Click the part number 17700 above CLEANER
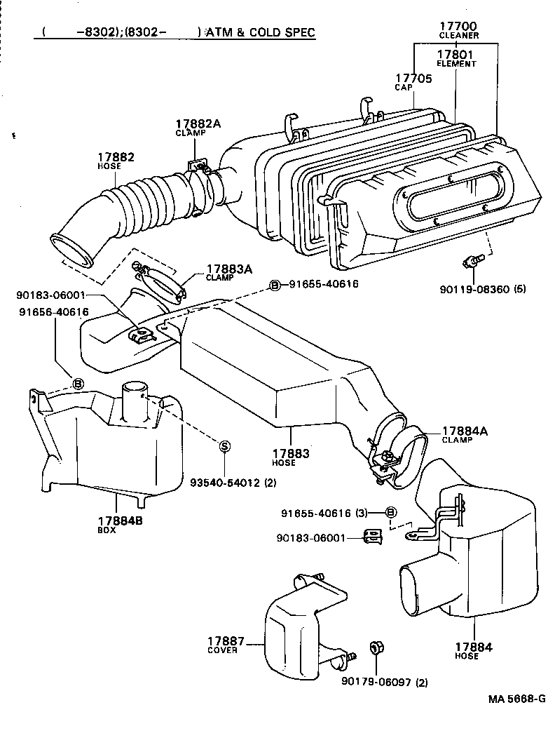(458, 25)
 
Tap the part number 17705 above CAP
(414, 79)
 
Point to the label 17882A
(198, 123)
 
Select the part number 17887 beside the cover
(226, 640)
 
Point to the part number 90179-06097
(375, 682)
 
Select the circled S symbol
(225, 445)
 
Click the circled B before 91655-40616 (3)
(391, 513)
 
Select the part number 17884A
(465, 431)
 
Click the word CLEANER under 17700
(458, 35)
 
